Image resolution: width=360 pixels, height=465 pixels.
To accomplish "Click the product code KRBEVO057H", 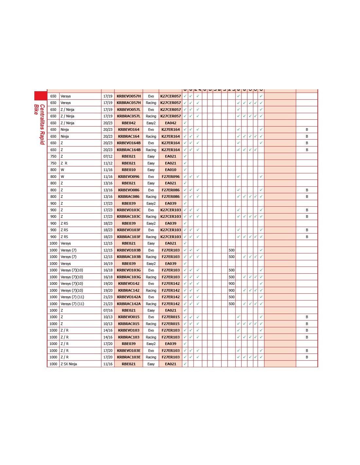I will tap(129, 96).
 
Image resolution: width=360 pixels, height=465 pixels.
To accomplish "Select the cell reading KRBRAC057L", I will tap(129, 116).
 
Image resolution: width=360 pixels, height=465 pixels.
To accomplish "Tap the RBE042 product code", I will tap(129, 123).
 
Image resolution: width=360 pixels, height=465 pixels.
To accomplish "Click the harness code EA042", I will tap(171, 123).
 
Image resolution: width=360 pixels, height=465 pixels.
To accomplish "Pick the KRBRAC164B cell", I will tap(129, 150).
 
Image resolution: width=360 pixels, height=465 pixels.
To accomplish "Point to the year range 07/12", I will tap(108, 156).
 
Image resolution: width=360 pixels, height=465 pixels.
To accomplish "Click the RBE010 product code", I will tap(129, 170).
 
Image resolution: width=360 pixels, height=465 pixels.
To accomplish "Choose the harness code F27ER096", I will tap(171, 177).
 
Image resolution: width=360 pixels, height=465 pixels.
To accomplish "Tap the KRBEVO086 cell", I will tap(129, 190).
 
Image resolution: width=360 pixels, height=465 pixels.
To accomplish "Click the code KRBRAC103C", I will tap(129, 216).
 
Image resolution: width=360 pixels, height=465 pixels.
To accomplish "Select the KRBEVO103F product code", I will tap(129, 230).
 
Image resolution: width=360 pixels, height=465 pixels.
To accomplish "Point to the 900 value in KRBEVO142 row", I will tap(232, 284).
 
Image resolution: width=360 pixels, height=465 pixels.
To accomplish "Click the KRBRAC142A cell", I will tap(129, 304).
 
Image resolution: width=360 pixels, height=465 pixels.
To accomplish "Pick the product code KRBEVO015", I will tap(129, 317).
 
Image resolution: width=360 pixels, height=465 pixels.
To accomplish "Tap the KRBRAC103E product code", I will tap(129, 357).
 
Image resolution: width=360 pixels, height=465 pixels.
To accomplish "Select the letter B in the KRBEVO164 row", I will tap(307, 129).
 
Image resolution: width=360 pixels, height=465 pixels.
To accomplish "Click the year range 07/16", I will tap(108, 310).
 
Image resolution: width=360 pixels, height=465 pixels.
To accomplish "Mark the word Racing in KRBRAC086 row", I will tap(151, 197).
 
